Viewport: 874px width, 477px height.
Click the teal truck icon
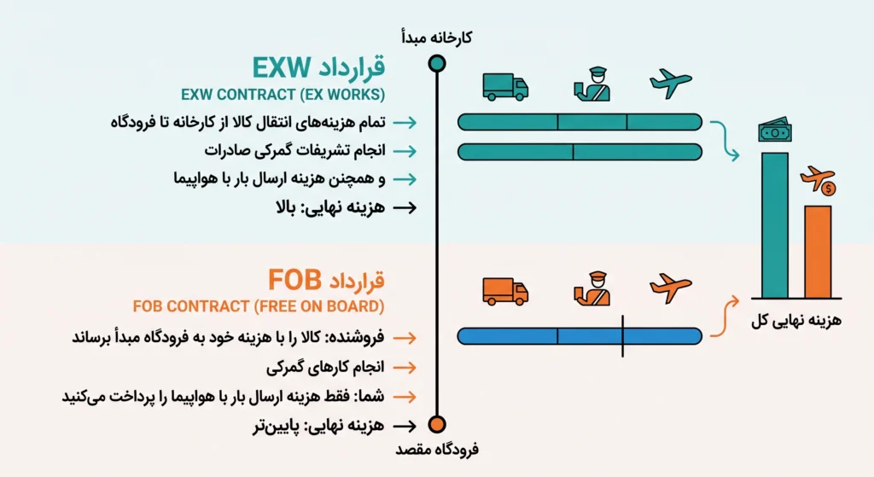click(505, 87)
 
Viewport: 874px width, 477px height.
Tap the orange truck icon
click(505, 292)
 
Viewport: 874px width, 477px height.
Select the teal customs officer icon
click(591, 84)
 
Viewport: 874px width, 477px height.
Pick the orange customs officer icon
click(591, 288)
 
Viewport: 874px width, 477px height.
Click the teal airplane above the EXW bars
click(671, 84)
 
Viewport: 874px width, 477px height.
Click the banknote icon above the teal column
click(775, 130)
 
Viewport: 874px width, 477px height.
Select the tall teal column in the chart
click(775, 225)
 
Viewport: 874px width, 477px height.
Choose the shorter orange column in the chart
click(817, 252)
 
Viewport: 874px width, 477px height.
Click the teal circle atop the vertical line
click(437, 63)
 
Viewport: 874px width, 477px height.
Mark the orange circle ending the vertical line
click(437, 425)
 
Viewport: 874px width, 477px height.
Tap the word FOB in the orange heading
click(294, 280)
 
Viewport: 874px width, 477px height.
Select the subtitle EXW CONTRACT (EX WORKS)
click(283, 95)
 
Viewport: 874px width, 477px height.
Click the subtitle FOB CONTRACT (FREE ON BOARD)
click(259, 306)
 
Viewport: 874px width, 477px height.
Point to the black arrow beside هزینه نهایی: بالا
click(405, 208)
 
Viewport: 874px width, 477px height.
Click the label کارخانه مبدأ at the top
click(436, 38)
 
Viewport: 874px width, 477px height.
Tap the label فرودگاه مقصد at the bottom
click(437, 449)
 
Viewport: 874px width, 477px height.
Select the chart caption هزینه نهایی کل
click(796, 320)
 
